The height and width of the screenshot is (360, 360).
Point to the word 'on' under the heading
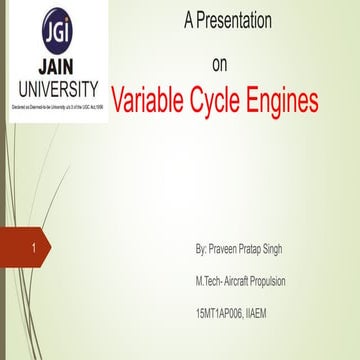pos(221,65)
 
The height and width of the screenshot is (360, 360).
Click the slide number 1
pos(35,246)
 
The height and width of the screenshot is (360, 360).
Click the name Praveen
pos(229,246)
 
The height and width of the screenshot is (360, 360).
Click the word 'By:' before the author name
pos(202,246)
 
